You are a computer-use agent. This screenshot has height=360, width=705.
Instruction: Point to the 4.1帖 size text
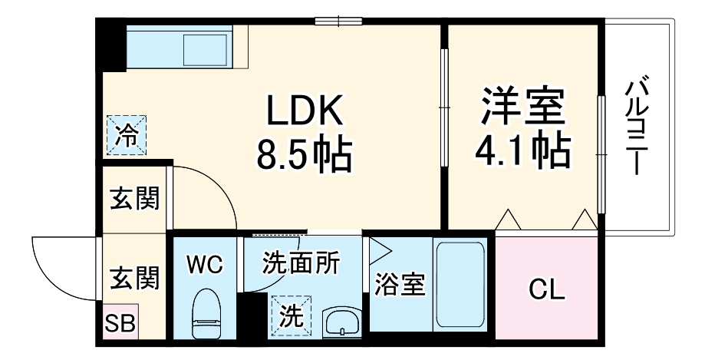(x=523, y=151)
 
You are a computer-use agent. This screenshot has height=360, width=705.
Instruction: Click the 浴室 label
(x=399, y=284)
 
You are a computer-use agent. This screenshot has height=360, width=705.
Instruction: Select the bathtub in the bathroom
(x=460, y=285)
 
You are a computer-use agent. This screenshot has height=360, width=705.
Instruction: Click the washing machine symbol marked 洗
(x=289, y=315)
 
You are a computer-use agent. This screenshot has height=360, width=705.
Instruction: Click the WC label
(x=205, y=266)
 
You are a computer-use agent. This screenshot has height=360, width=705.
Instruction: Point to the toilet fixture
(x=205, y=313)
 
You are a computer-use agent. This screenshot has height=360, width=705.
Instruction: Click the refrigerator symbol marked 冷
(x=125, y=134)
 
